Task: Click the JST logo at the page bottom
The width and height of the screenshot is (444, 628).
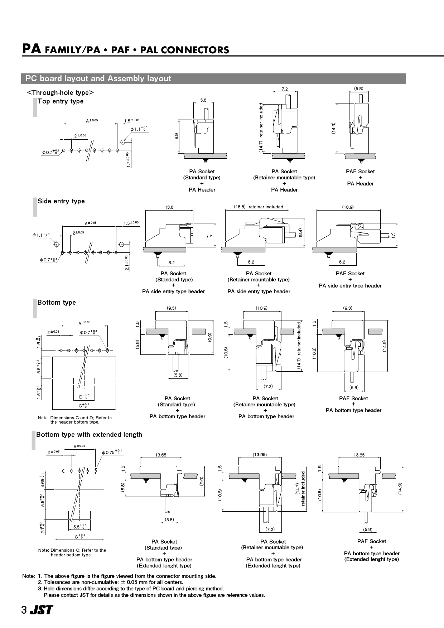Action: pyautogui.click(x=41, y=610)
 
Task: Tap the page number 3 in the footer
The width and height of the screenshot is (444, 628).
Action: pyautogui.click(x=24, y=610)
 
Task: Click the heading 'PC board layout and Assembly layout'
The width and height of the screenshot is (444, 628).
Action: pyautogui.click(x=98, y=78)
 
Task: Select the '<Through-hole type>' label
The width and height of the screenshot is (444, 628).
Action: pyautogui.click(x=61, y=93)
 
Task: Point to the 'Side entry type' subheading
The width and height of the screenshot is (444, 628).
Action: pyautogui.click(x=61, y=201)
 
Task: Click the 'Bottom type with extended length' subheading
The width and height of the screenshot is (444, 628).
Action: pyautogui.click(x=89, y=435)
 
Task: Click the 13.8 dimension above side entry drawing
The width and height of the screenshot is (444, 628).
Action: pyautogui.click(x=169, y=207)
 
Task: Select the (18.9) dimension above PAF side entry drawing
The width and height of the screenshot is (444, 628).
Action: pyautogui.click(x=348, y=207)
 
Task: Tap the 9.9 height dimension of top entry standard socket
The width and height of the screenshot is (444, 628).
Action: pyautogui.click(x=177, y=136)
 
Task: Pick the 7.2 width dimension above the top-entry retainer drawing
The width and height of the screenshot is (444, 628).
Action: pyautogui.click(x=284, y=89)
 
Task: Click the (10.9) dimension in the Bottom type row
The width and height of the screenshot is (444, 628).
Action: pyautogui.click(x=262, y=308)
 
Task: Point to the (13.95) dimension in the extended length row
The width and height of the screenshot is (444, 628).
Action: pyautogui.click(x=260, y=455)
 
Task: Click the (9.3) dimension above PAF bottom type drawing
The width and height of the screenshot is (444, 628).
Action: pyautogui.click(x=348, y=308)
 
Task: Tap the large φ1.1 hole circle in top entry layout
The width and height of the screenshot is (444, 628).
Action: pyautogui.click(x=123, y=142)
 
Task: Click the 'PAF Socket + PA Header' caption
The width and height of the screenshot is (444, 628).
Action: pyautogui.click(x=360, y=178)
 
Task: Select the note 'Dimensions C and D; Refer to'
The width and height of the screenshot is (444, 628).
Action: pyautogui.click(x=75, y=418)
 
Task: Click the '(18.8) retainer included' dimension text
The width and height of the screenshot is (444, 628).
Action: pyautogui.click(x=259, y=207)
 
